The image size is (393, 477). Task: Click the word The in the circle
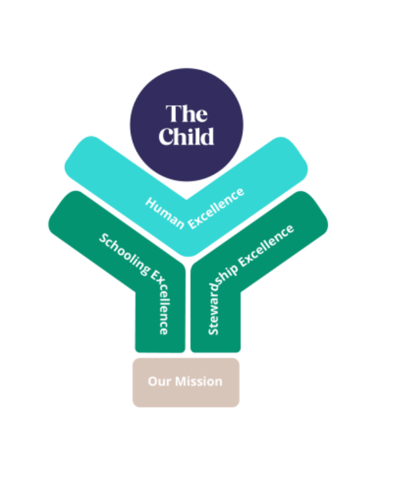point(187,114)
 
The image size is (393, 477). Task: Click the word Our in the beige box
point(158,381)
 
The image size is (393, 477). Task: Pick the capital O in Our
point(153,381)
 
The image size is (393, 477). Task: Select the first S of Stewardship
point(214,330)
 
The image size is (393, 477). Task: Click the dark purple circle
point(187,97)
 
